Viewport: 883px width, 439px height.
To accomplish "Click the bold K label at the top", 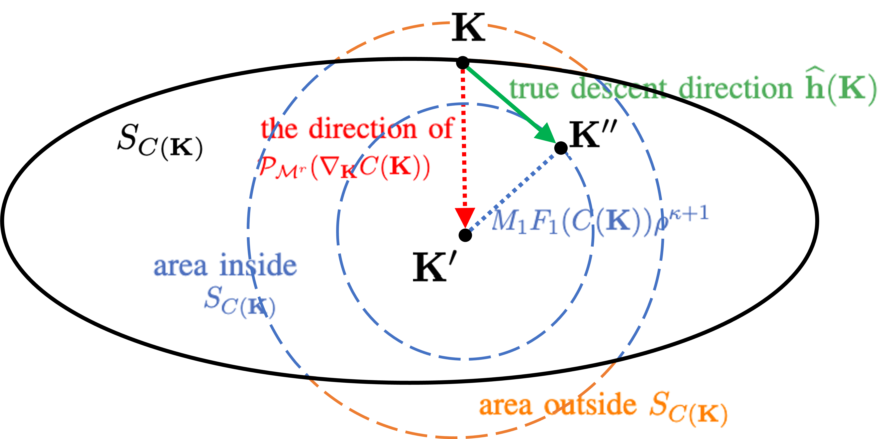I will (468, 27).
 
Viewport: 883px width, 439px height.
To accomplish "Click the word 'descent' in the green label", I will (619, 88).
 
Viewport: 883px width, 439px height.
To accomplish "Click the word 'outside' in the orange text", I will (590, 405).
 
